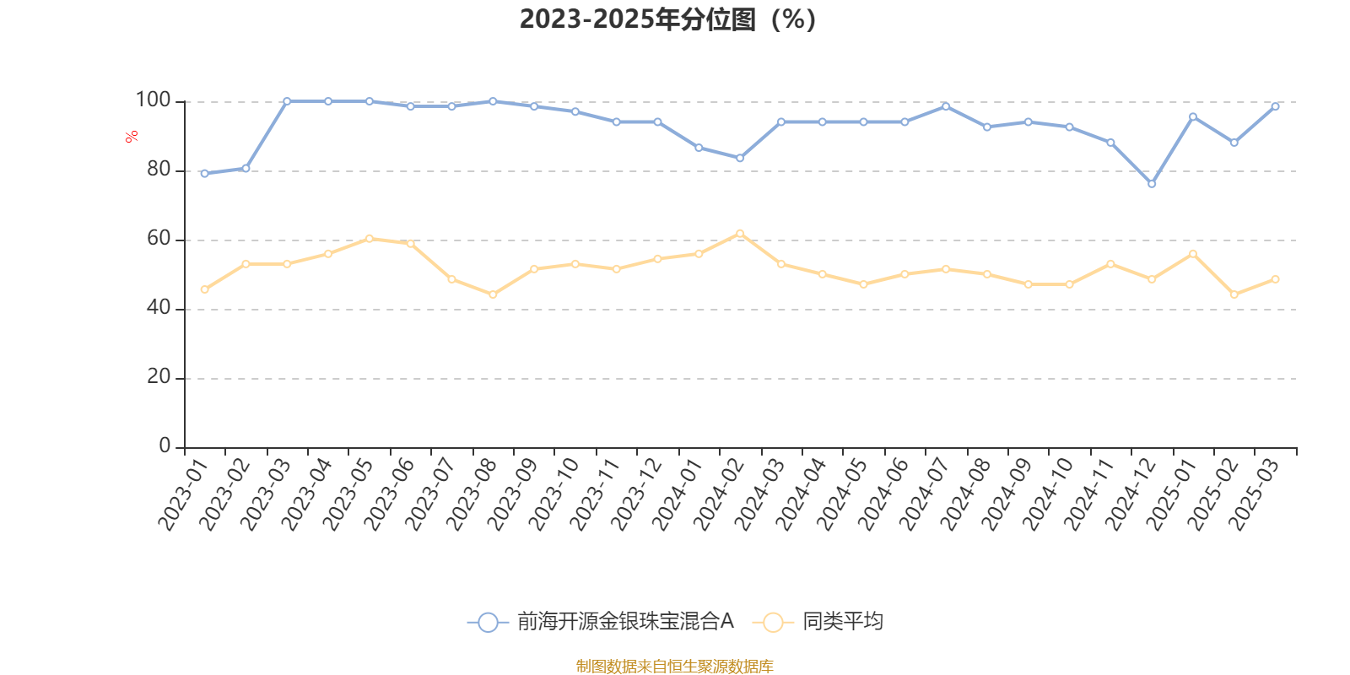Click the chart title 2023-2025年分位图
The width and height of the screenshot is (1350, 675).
(x=667, y=19)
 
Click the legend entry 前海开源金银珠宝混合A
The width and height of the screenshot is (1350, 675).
(x=624, y=622)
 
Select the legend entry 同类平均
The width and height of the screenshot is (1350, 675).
(x=842, y=622)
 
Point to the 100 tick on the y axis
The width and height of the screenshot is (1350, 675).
(x=154, y=100)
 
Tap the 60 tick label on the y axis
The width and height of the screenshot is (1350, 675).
(x=158, y=239)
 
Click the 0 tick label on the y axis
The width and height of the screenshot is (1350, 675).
(x=165, y=446)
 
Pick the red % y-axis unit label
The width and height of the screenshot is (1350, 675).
(x=132, y=137)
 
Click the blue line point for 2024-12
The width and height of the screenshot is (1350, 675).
(x=1152, y=184)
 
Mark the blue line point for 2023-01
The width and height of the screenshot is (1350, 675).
(x=204, y=174)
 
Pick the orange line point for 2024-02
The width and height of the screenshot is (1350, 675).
(x=740, y=233)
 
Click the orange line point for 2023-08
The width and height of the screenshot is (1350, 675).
(x=493, y=294)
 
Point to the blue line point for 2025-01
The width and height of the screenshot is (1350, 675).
(x=1193, y=116)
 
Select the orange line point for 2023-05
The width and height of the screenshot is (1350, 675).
(x=370, y=239)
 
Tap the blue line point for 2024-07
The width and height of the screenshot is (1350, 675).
(x=946, y=106)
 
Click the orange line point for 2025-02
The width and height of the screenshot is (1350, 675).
(x=1234, y=294)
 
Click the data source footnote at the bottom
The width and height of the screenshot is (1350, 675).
(x=674, y=667)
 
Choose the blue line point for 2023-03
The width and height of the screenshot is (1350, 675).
(x=287, y=101)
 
